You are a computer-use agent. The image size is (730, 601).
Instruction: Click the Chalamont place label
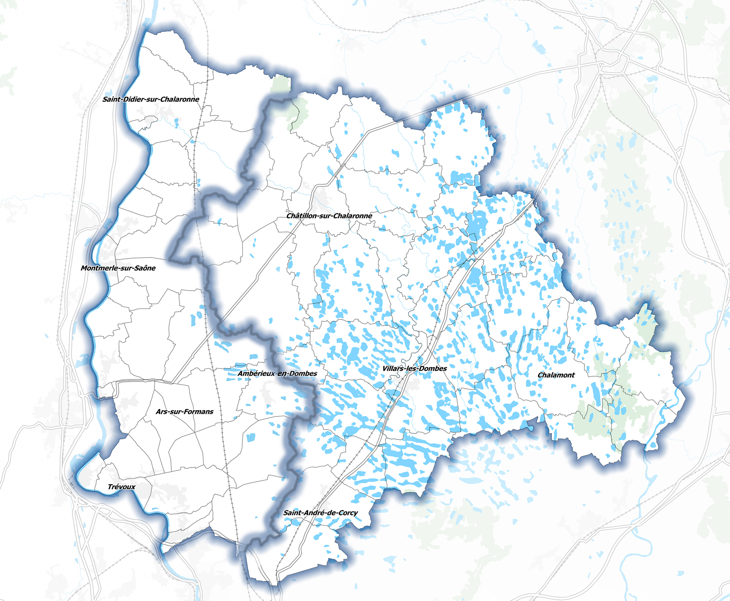coord(556,375)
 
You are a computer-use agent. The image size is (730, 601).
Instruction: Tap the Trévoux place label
coord(122,487)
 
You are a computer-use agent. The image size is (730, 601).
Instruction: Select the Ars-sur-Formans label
coord(184,412)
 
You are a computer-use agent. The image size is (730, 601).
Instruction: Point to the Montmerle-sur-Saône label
coord(118,268)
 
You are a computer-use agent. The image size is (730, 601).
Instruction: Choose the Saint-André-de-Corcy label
coord(320,513)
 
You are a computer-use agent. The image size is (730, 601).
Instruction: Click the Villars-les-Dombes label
coord(414,368)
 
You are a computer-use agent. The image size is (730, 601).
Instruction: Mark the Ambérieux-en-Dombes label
coord(277,373)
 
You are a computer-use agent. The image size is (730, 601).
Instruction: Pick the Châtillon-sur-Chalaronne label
coord(329,216)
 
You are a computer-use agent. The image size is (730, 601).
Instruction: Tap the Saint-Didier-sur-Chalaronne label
coord(151,99)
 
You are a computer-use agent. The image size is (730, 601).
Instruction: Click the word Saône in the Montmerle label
coord(145,268)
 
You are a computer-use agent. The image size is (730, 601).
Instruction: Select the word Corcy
coord(347,513)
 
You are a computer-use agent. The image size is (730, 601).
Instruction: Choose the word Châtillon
coord(301,216)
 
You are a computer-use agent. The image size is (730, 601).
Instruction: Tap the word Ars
coord(161,412)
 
